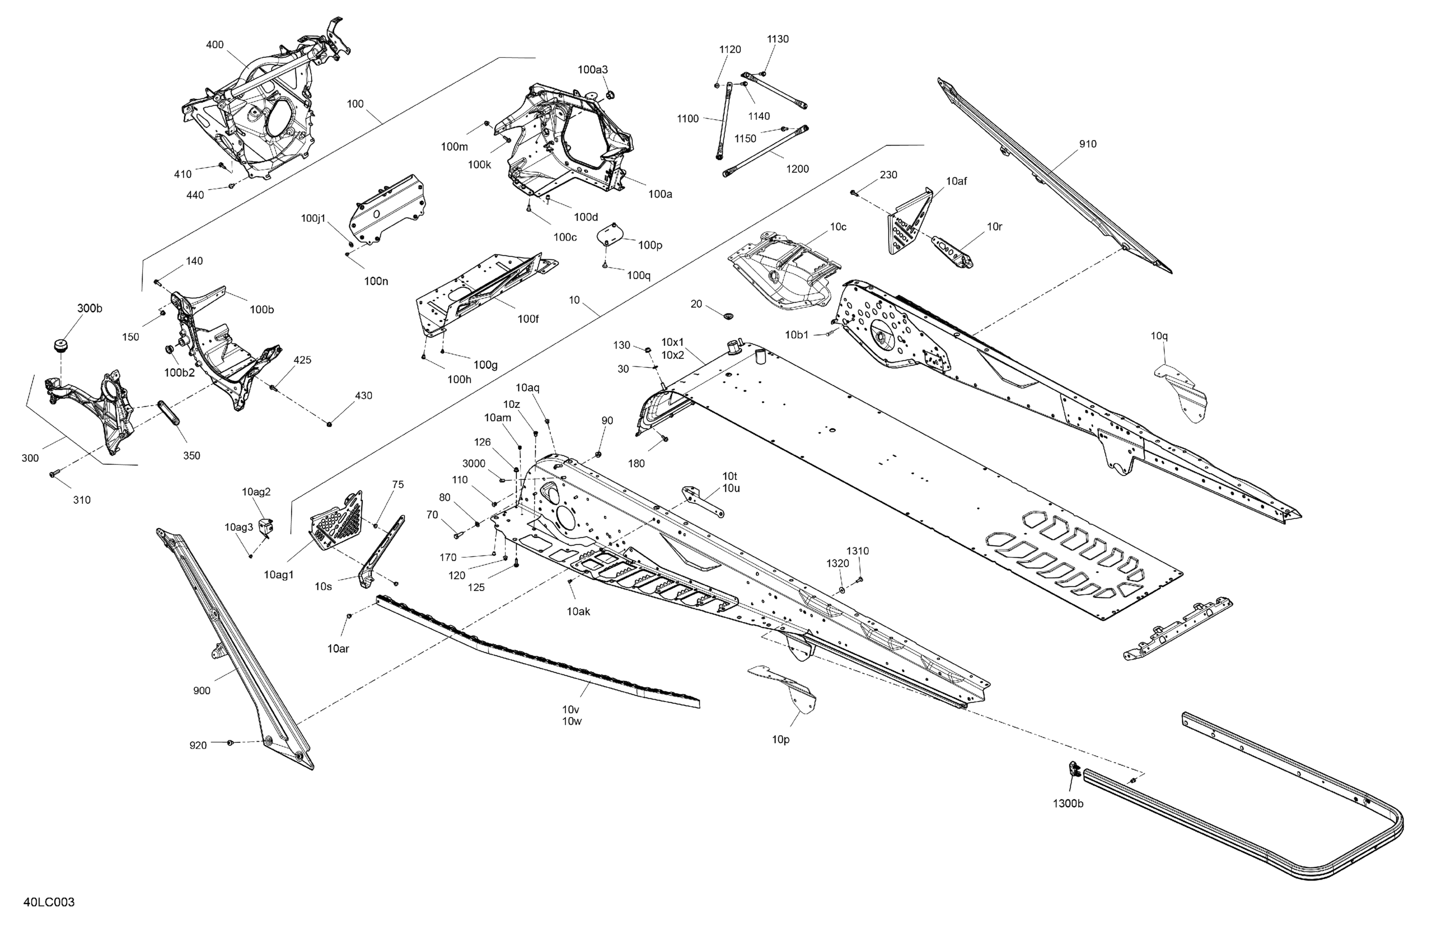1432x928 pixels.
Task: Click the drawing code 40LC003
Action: [x=49, y=902]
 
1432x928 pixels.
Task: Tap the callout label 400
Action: [x=215, y=44]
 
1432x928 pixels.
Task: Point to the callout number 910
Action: [x=1088, y=144]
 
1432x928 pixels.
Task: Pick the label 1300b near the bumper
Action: [x=1068, y=803]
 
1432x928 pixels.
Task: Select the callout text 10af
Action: [x=957, y=181]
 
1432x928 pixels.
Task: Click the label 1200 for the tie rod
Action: [x=797, y=169]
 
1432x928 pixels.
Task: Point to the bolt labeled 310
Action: [x=53, y=475]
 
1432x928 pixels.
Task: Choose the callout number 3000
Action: [x=474, y=464]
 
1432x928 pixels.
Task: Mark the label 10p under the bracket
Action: [x=780, y=740]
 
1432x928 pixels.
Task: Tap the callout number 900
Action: [x=201, y=690]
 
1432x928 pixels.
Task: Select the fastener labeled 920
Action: [x=230, y=743]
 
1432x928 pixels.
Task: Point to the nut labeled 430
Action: [x=330, y=425]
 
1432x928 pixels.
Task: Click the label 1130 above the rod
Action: [x=778, y=39]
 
